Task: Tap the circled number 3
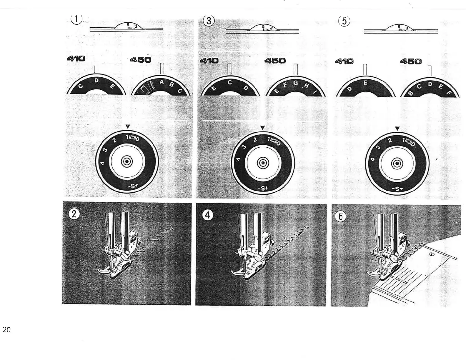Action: coord(209,21)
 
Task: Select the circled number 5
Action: coord(344,21)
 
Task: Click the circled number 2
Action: coord(74,214)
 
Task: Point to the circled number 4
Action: coord(208,215)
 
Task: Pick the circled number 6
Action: coord(341,216)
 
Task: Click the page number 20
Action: coord(6,330)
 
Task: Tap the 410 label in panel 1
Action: coord(76,59)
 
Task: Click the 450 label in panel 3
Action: coord(275,61)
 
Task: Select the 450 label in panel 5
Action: coord(411,61)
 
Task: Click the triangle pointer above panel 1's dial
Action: coord(127,126)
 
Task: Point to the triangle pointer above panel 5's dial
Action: coord(397,129)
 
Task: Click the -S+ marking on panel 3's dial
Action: coord(263,188)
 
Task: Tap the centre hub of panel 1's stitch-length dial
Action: coord(127,161)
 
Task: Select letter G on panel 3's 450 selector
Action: coord(295,83)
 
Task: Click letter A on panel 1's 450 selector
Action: coord(162,82)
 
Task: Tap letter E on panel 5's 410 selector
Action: coord(365,83)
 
